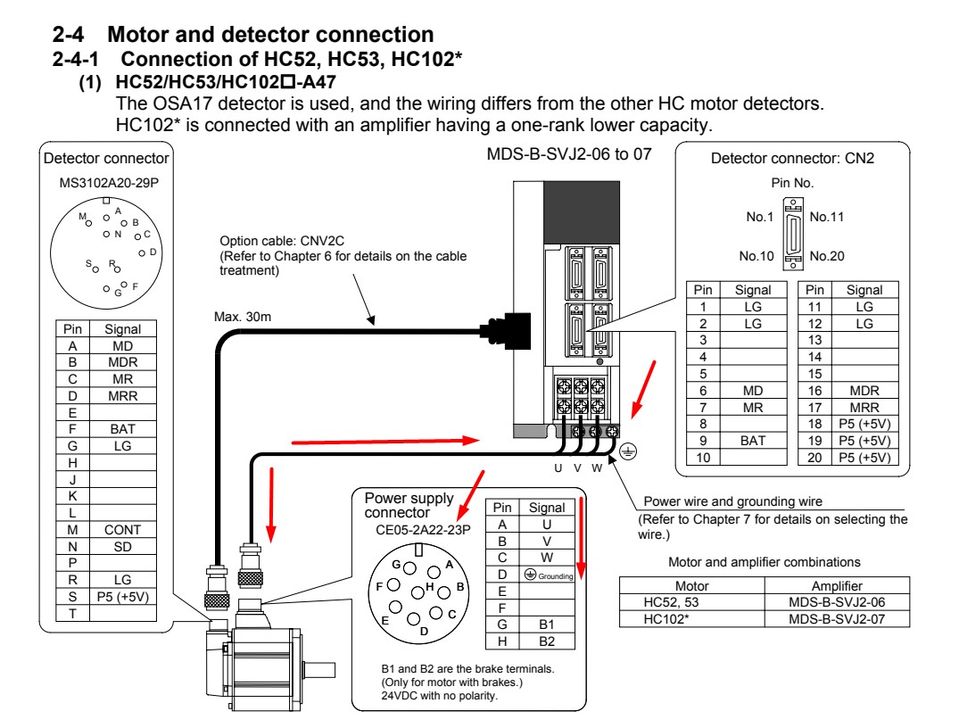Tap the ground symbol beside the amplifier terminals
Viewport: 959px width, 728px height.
coord(631,451)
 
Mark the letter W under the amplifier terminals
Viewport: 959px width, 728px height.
coord(596,469)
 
